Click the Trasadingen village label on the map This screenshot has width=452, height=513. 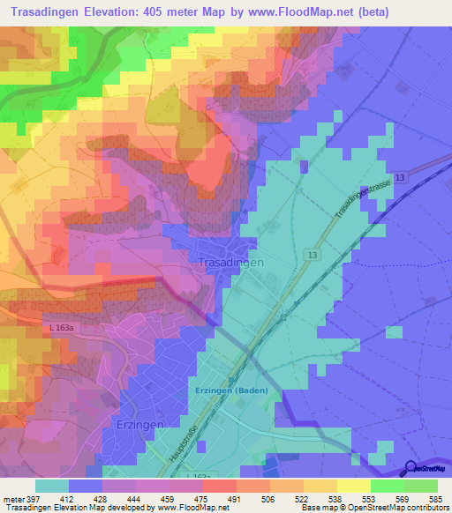(x=231, y=263)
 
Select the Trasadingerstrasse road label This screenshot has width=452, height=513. (x=361, y=199)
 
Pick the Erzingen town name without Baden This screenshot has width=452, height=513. (x=139, y=425)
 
